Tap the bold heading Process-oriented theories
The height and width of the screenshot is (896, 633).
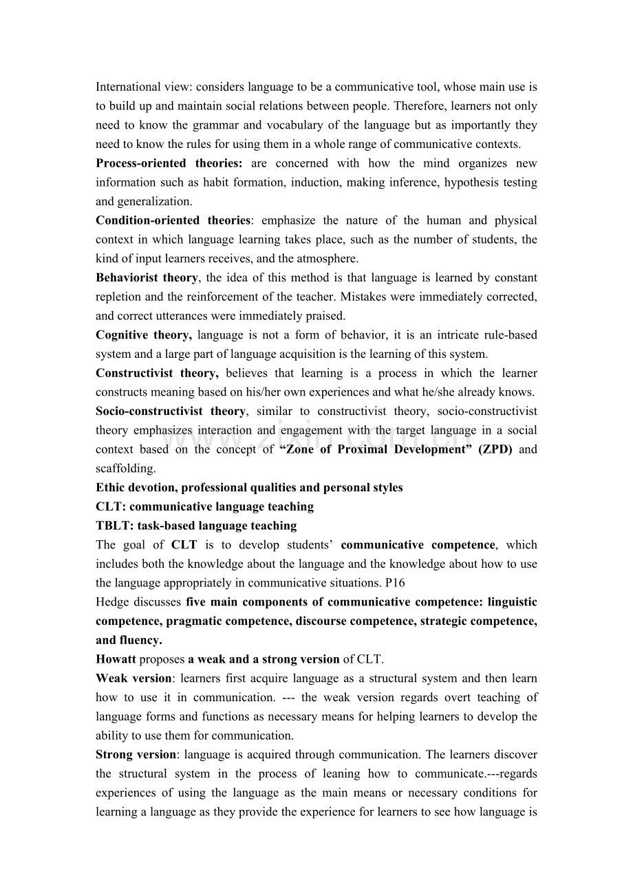[169, 164]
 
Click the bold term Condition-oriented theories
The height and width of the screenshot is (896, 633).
[173, 221]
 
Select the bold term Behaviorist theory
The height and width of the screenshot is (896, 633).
[147, 278]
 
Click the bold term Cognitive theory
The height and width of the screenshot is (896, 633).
[144, 335]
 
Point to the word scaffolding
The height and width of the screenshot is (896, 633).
[125, 469]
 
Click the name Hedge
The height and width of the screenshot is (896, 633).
[113, 602]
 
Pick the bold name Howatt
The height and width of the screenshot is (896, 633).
[116, 659]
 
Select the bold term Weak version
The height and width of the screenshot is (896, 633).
[133, 679]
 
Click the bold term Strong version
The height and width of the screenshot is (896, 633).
[136, 755]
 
